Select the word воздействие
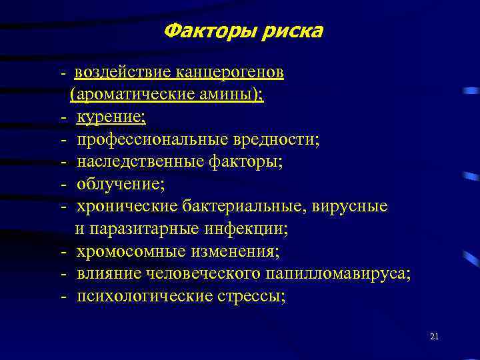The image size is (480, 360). (123, 71)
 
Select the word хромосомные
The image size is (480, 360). (130, 252)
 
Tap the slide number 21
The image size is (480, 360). (435, 337)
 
